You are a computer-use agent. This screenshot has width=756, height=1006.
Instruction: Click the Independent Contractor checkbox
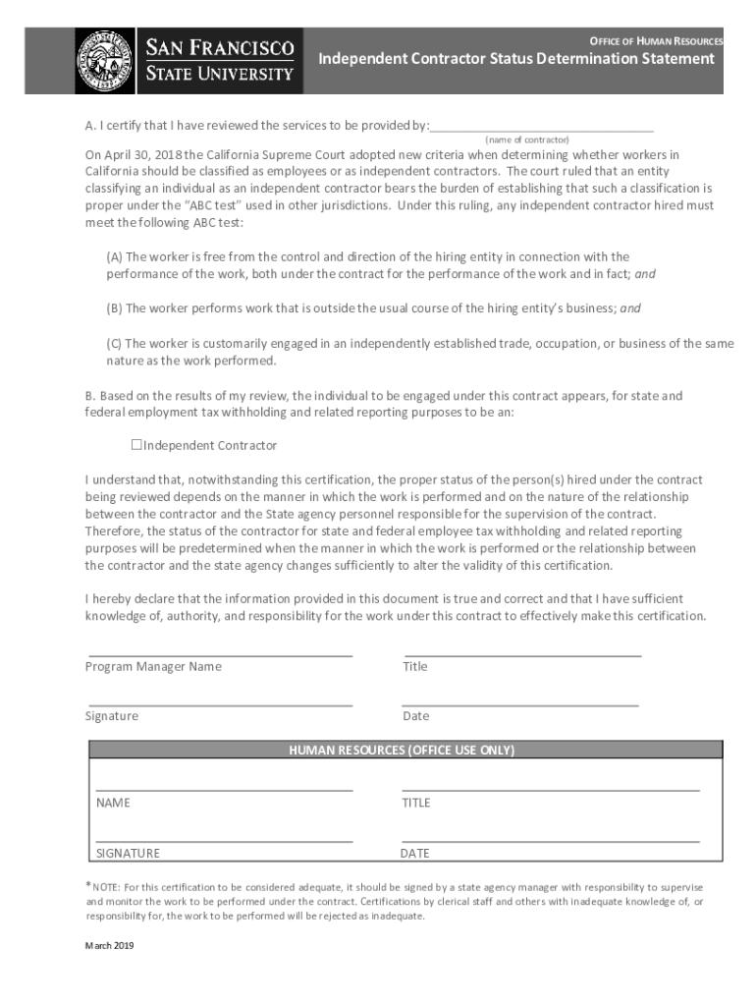(x=136, y=445)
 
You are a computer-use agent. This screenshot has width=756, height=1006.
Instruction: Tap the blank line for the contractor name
(x=542, y=129)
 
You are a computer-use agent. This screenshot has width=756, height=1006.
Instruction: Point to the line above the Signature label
(x=221, y=704)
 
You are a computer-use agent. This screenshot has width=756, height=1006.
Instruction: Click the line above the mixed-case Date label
(x=520, y=704)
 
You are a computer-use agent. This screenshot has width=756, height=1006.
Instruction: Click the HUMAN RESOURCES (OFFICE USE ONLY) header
(x=402, y=750)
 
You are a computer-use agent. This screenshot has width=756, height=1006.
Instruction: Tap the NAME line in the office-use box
(x=224, y=789)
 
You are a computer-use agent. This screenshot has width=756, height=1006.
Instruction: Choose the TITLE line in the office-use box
(x=550, y=789)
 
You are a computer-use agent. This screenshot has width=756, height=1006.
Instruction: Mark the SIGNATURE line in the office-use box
(x=224, y=841)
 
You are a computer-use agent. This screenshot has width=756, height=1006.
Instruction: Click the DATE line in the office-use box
(x=550, y=841)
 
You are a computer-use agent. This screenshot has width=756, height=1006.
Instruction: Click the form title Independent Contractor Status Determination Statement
(x=516, y=59)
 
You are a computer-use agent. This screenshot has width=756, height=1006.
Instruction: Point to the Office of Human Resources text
(x=656, y=41)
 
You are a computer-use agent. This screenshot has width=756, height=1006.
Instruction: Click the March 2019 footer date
(x=109, y=946)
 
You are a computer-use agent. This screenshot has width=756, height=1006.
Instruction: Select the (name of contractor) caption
(x=527, y=140)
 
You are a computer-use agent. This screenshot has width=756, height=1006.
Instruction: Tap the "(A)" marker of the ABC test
(x=115, y=257)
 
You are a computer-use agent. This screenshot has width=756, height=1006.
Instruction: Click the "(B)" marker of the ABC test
(x=115, y=308)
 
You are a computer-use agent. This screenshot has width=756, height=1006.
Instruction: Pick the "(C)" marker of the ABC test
(x=115, y=344)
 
